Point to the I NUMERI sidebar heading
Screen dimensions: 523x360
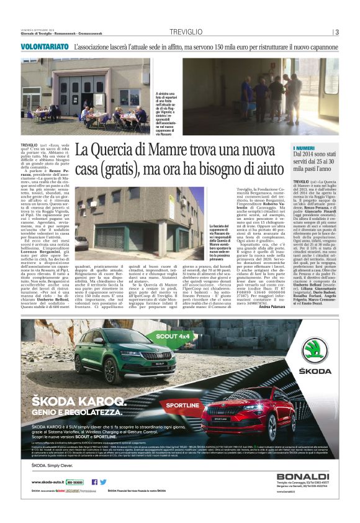pyautogui.click(x=308, y=147)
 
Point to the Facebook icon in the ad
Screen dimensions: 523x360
pyautogui.click(x=94, y=481)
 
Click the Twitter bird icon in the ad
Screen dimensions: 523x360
pyautogui.click(x=103, y=481)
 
